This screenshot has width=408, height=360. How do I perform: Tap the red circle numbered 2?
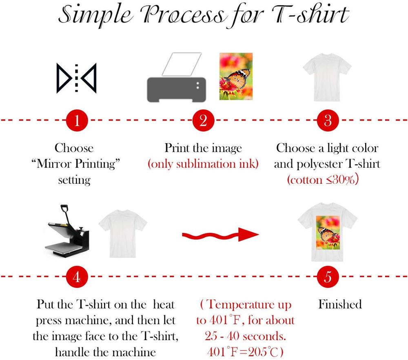tap(203, 121)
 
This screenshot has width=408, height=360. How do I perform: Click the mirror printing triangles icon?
tap(76, 78)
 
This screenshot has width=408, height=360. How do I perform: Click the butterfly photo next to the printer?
tap(235, 76)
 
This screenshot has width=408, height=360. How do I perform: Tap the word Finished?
tap(340, 304)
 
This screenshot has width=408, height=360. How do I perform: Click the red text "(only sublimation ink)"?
tap(203, 164)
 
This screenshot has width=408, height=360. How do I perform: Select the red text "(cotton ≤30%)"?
tap(323, 180)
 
